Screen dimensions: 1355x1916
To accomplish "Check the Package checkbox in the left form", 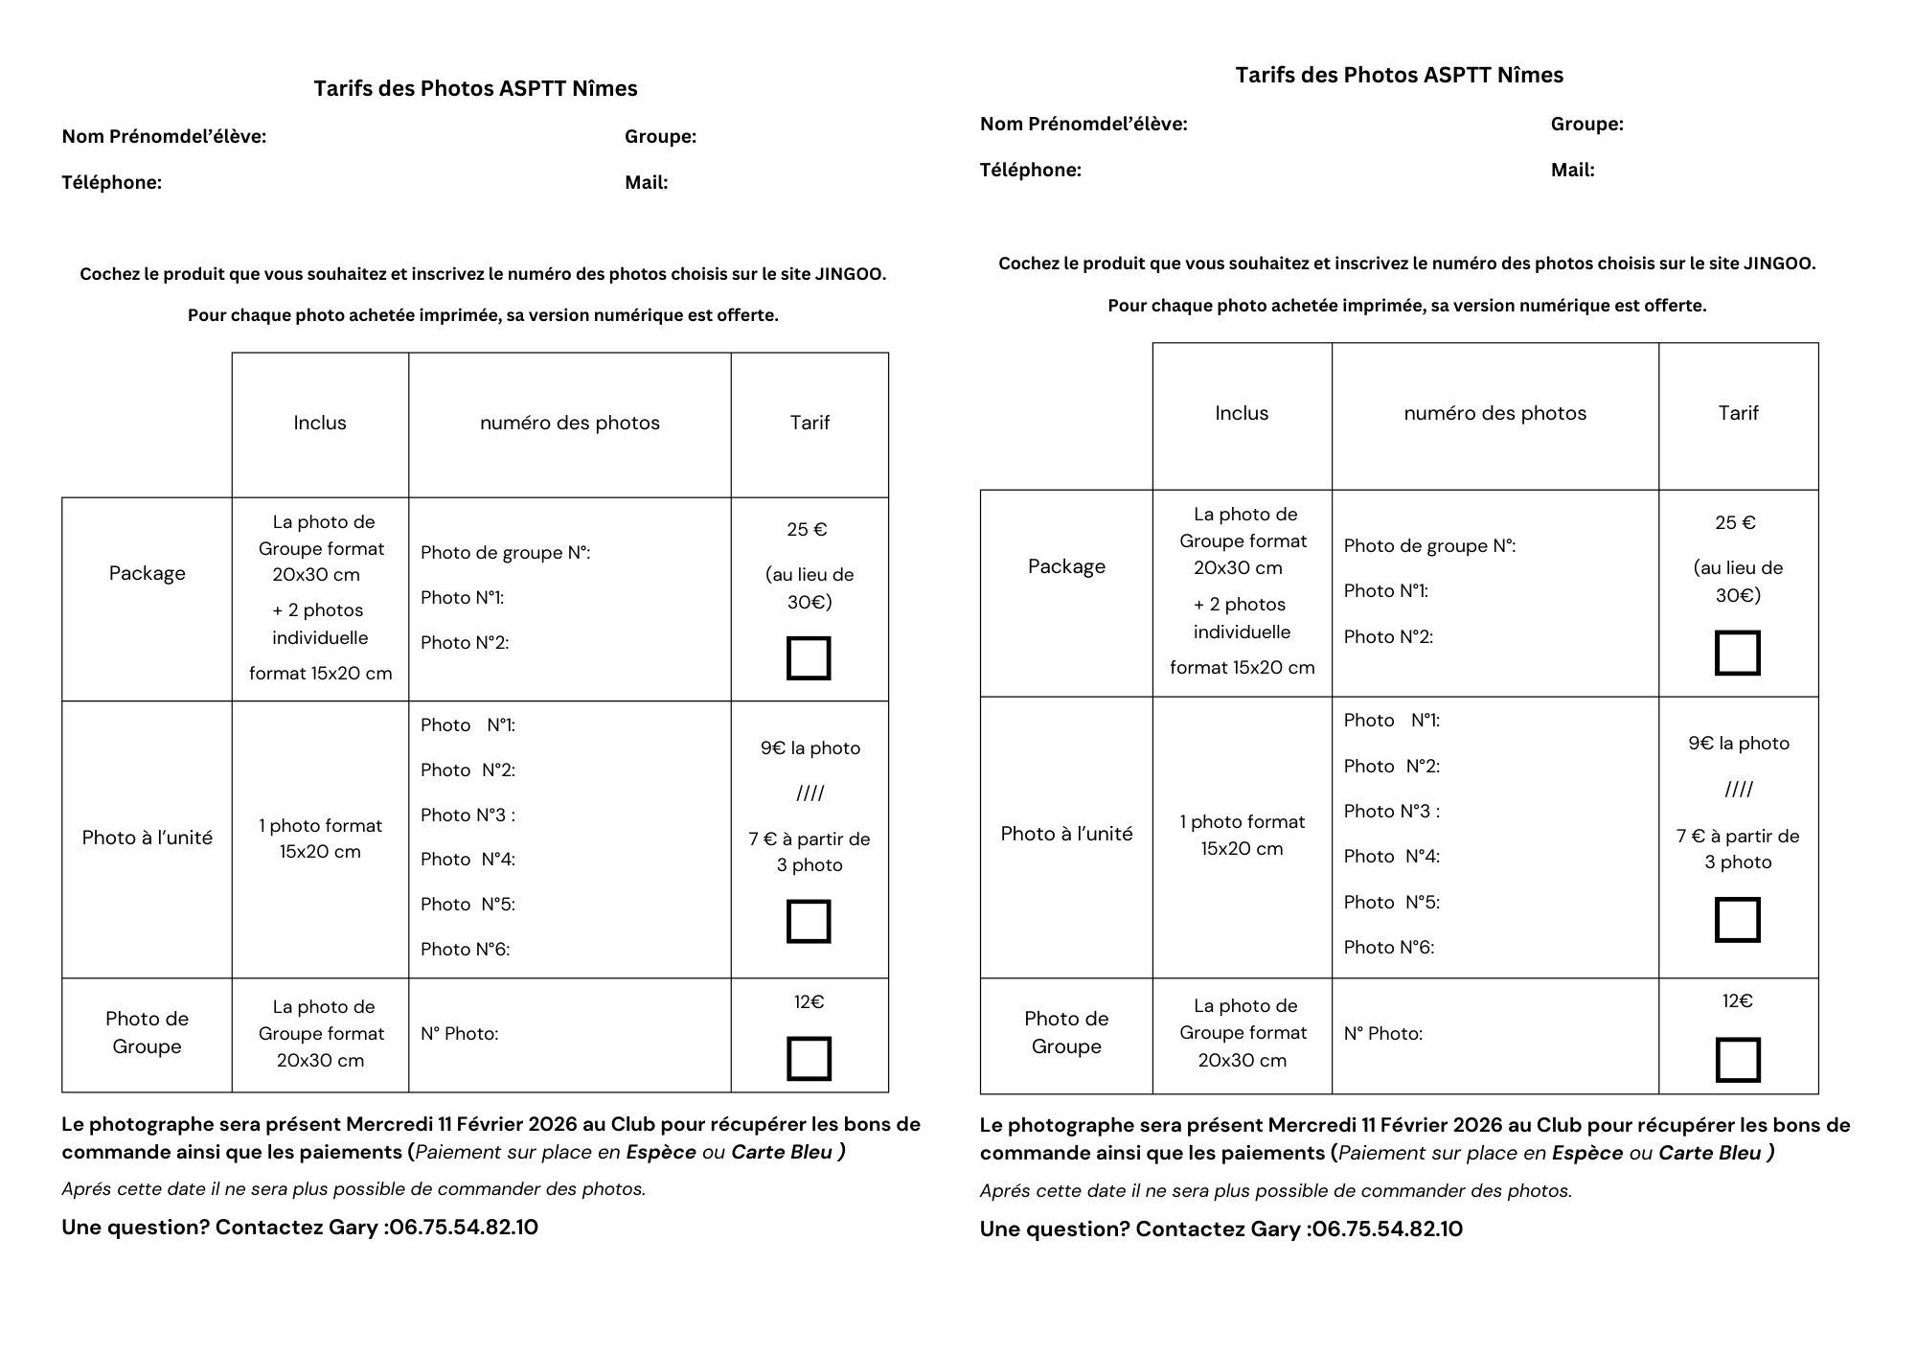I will pos(809,658).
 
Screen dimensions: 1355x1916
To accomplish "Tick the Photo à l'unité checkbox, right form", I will pos(1737,920).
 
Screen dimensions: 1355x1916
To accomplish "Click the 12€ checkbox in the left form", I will pos(809,1059).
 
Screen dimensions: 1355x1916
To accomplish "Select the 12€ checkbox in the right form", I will pos(1737,1060).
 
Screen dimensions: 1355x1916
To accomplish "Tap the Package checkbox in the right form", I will pos(1737,653).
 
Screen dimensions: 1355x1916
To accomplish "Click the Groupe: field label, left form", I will pos(660,137).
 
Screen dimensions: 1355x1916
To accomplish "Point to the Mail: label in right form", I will pos(1572,171).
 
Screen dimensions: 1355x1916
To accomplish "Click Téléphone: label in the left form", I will pos(111,183).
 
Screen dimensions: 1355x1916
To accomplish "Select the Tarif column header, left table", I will pos(810,423).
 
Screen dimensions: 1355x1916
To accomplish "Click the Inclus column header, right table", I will pos(1242,413).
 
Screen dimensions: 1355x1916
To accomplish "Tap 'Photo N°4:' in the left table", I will pos(468,860).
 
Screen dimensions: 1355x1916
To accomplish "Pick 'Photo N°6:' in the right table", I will pos(1388,948).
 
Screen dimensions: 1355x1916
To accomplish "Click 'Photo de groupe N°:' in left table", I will pos(505,553).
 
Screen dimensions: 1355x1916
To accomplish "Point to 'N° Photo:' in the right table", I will pos(1382,1034).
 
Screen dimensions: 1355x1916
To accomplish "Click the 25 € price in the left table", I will pos(807,530).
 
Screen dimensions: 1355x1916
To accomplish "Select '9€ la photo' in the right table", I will pos(1738,744).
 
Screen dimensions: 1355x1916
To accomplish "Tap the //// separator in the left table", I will pos(810,793).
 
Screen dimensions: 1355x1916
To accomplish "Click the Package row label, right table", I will pos(1066,566).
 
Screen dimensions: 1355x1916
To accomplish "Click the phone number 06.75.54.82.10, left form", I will pos(464,1228).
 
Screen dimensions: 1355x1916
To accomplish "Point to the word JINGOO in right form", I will pos(1778,264).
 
